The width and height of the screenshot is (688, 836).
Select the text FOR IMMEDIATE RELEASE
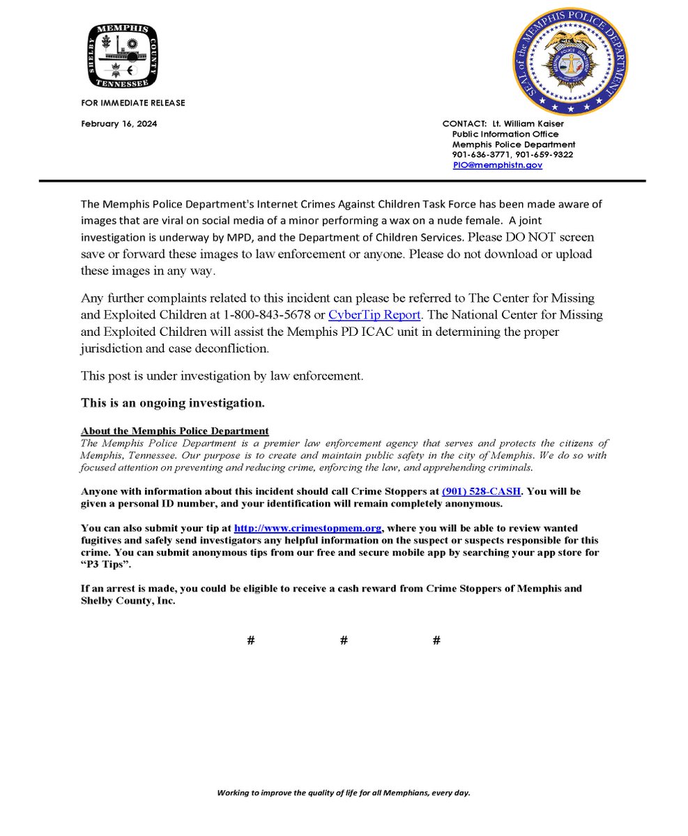pyautogui.click(x=133, y=103)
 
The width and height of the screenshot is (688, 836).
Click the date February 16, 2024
pyautogui.click(x=119, y=124)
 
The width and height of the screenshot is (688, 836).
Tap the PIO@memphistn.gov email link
pyautogui.click(x=497, y=165)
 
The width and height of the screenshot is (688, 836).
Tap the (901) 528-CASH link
pyautogui.click(x=481, y=491)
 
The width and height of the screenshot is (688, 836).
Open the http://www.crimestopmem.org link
pyautogui.click(x=307, y=528)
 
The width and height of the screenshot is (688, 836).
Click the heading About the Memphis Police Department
pyautogui.click(x=174, y=432)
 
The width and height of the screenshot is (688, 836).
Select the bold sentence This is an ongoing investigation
pyautogui.click(x=173, y=403)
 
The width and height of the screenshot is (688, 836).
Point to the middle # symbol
pyautogui.click(x=344, y=640)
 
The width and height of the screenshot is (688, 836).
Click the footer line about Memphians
pyautogui.click(x=344, y=793)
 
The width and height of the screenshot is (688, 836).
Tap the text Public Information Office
pyautogui.click(x=505, y=134)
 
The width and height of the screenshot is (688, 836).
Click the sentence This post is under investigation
pyautogui.click(x=222, y=376)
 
